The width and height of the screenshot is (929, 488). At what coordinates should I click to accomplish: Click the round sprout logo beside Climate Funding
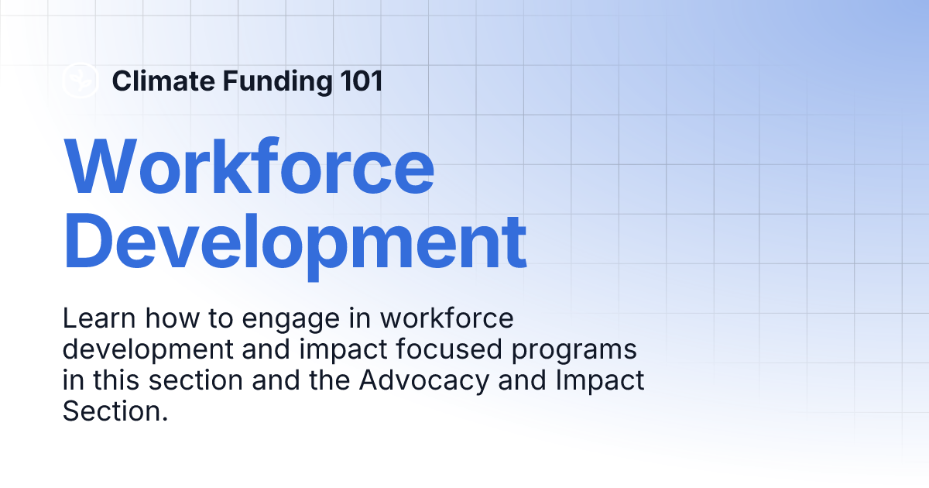point(81,80)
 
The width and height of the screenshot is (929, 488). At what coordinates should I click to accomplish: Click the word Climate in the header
point(163,81)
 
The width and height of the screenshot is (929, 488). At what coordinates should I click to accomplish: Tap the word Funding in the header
point(277,81)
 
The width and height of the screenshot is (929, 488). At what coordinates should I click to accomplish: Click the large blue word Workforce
point(249,166)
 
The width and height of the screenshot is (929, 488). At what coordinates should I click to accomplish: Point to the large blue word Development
point(295,246)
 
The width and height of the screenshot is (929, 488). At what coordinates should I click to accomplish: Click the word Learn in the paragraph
point(99,318)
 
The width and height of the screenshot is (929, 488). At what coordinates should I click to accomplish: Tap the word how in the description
point(172,318)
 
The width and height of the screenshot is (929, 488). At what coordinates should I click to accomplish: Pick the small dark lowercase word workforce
point(447,318)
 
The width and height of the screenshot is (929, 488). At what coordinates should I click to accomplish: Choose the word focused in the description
point(449,349)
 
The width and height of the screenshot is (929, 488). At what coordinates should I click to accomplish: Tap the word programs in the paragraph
point(574,351)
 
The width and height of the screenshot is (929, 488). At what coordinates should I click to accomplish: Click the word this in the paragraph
point(116,380)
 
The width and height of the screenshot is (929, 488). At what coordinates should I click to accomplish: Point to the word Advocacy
point(424,381)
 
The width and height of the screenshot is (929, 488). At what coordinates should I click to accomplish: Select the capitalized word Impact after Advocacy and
point(600,381)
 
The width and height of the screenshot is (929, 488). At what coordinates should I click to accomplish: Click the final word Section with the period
point(115,411)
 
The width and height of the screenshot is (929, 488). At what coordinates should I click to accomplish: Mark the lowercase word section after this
point(196,380)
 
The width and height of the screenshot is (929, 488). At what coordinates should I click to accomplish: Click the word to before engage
point(221,319)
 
